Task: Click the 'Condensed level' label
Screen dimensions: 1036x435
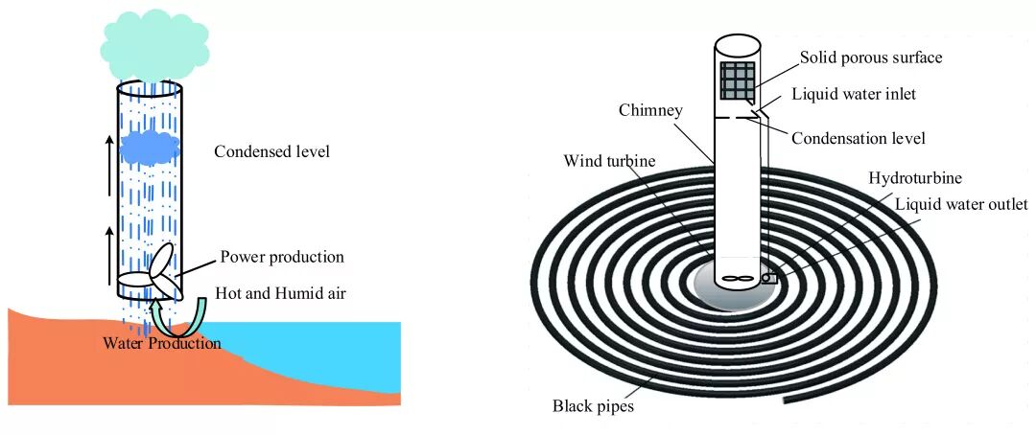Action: [x=271, y=151]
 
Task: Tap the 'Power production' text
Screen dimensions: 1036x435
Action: [x=282, y=257]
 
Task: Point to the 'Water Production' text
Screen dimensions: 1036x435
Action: [x=161, y=343]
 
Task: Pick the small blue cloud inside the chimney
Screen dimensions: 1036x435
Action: [x=150, y=146]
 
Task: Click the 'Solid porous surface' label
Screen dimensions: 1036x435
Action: [x=871, y=57]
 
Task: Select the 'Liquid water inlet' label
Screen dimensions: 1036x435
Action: [x=854, y=94]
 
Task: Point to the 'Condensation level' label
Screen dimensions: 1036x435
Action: [x=859, y=138]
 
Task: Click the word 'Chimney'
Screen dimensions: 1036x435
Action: [x=650, y=110]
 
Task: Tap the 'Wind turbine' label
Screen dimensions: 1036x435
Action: [x=609, y=160]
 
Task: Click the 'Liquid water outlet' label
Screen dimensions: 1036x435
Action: [x=960, y=203]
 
